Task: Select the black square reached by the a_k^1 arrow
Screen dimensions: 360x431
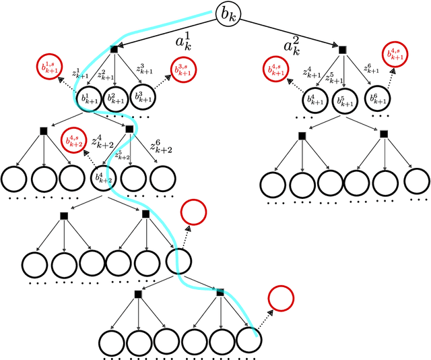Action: pyautogui.click(x=114, y=49)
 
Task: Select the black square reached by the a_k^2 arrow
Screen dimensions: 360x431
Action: pyautogui.click(x=342, y=49)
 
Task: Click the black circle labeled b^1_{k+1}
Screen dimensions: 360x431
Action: pyautogui.click(x=89, y=98)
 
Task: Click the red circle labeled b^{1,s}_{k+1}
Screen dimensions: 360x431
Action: pyautogui.click(x=50, y=68)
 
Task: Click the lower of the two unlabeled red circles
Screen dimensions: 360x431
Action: pyautogui.click(x=281, y=299)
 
